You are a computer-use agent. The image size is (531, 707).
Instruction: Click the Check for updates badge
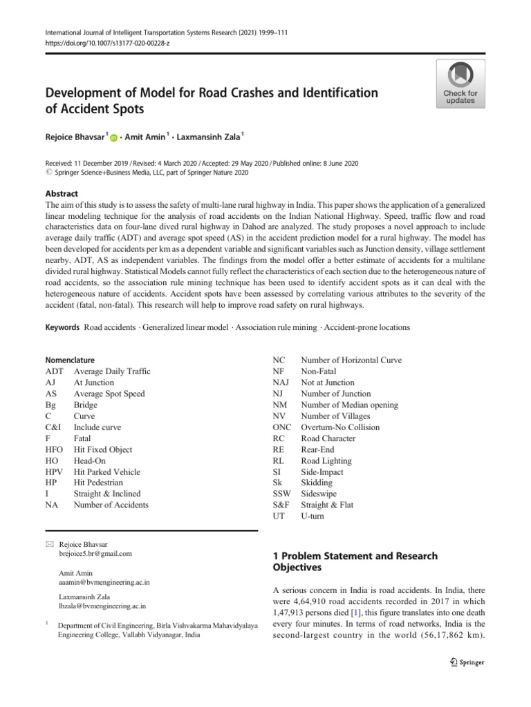(460, 83)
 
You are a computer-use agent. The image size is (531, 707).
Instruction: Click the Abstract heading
(61, 194)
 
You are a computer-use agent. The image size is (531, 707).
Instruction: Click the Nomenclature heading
(70, 360)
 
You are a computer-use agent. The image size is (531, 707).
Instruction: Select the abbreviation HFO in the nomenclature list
(54, 461)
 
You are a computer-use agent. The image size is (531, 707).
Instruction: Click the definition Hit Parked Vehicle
(106, 472)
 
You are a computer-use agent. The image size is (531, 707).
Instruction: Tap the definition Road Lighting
(326, 461)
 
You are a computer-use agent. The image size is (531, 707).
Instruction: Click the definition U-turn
(313, 516)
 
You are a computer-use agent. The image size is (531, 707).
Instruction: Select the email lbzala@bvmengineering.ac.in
(102, 606)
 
